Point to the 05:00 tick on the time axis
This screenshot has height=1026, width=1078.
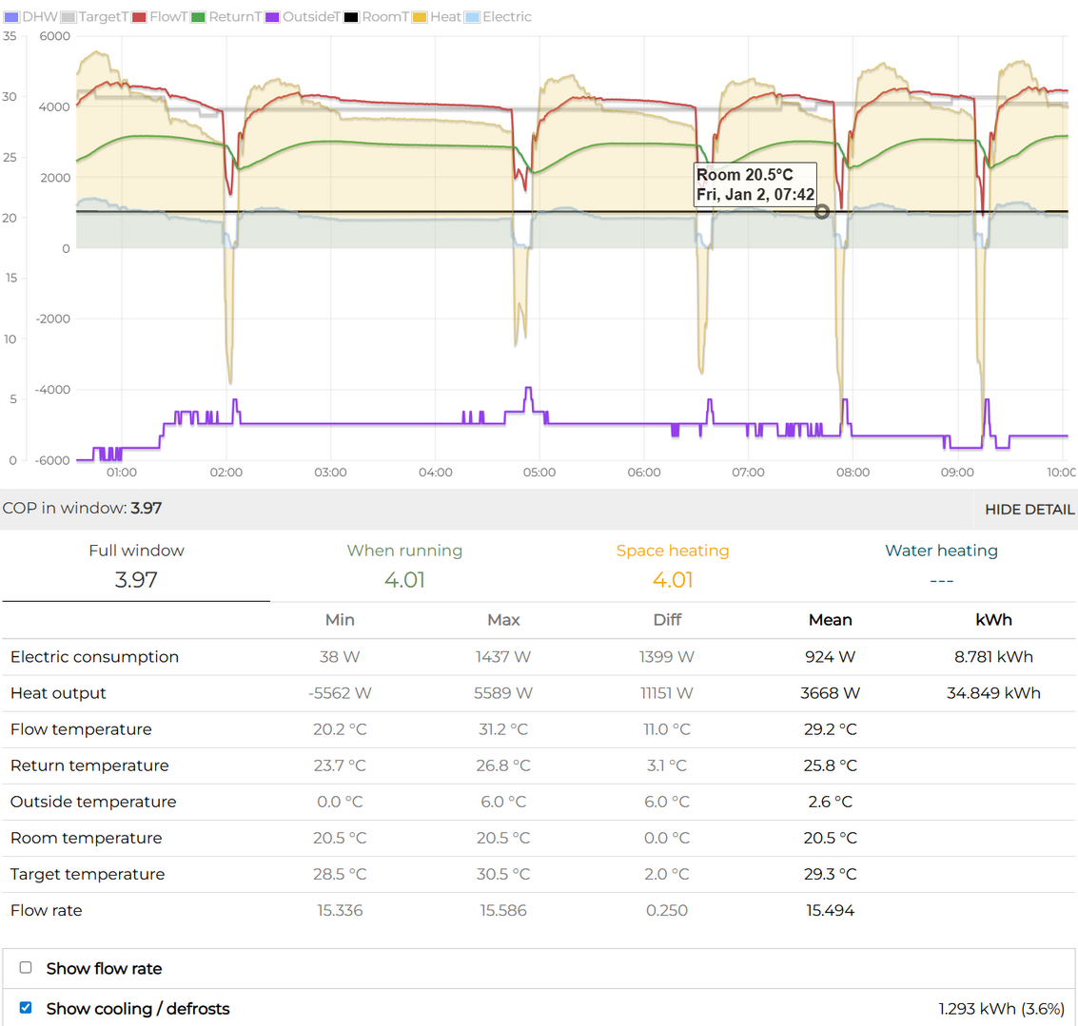(539, 473)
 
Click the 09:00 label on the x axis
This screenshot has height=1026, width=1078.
(957, 473)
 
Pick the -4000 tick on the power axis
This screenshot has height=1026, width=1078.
(54, 390)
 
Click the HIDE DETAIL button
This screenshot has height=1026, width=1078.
(1029, 510)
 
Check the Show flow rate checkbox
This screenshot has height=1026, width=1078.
(26, 968)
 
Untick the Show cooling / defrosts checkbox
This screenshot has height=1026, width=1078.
(26, 1008)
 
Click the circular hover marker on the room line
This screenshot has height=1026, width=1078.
(822, 212)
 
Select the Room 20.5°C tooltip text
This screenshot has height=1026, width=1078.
(744, 175)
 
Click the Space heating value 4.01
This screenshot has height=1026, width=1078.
(672, 580)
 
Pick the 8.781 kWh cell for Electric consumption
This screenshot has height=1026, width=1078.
(993, 657)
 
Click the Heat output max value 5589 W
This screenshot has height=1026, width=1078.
(503, 693)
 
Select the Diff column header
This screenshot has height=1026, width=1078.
(667, 620)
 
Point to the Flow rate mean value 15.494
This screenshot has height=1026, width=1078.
(830, 910)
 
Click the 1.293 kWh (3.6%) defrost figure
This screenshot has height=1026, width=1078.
(1001, 1008)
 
